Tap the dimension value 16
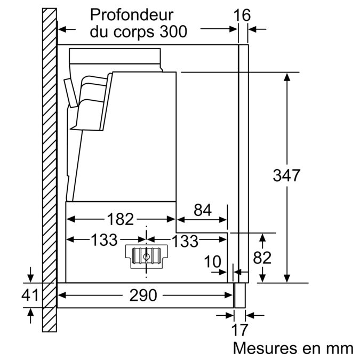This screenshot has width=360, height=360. (x=242, y=15)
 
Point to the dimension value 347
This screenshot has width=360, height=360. (x=286, y=175)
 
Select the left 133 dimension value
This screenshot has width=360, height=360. (x=104, y=241)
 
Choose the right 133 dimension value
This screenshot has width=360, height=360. (x=185, y=241)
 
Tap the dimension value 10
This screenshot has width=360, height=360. (x=213, y=261)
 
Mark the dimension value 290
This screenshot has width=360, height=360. (x=143, y=294)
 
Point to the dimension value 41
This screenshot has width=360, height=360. (x=30, y=294)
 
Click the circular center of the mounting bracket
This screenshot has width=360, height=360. (x=146, y=256)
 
